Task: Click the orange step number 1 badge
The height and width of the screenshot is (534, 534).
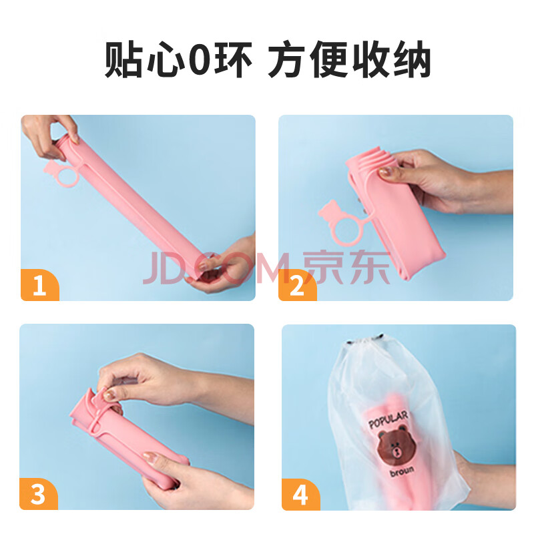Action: (40, 285)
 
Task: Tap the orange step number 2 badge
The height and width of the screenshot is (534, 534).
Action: (297, 285)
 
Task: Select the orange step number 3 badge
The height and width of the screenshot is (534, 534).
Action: (39, 494)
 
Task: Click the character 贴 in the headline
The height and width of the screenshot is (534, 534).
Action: (123, 59)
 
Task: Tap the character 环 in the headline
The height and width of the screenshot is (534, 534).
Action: (234, 59)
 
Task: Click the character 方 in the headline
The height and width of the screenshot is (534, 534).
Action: (286, 59)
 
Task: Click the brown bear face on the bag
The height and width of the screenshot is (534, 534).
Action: (397, 445)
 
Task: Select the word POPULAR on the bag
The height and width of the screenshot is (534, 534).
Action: (388, 420)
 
